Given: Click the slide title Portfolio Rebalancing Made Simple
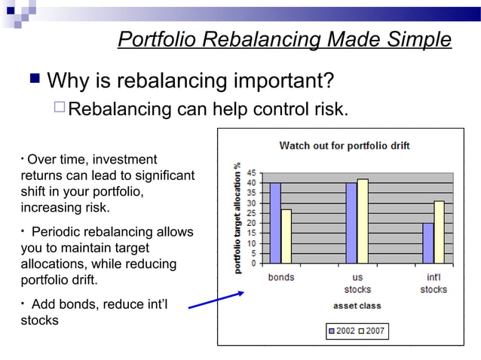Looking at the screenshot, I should click(284, 40).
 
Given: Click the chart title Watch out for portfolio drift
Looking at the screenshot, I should click(345, 145).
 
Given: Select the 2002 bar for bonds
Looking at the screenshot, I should click(275, 223).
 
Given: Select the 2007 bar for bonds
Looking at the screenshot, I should click(286, 236).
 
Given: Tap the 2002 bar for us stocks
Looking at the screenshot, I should click(351, 223).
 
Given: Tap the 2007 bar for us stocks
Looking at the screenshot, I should click(363, 221).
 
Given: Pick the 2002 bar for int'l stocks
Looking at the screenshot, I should click(428, 243).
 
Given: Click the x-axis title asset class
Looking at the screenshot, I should click(357, 306).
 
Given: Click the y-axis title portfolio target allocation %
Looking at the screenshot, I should click(237, 218).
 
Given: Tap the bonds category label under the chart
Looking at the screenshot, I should click(281, 277).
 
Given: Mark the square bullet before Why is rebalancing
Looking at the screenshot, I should click(34, 79).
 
